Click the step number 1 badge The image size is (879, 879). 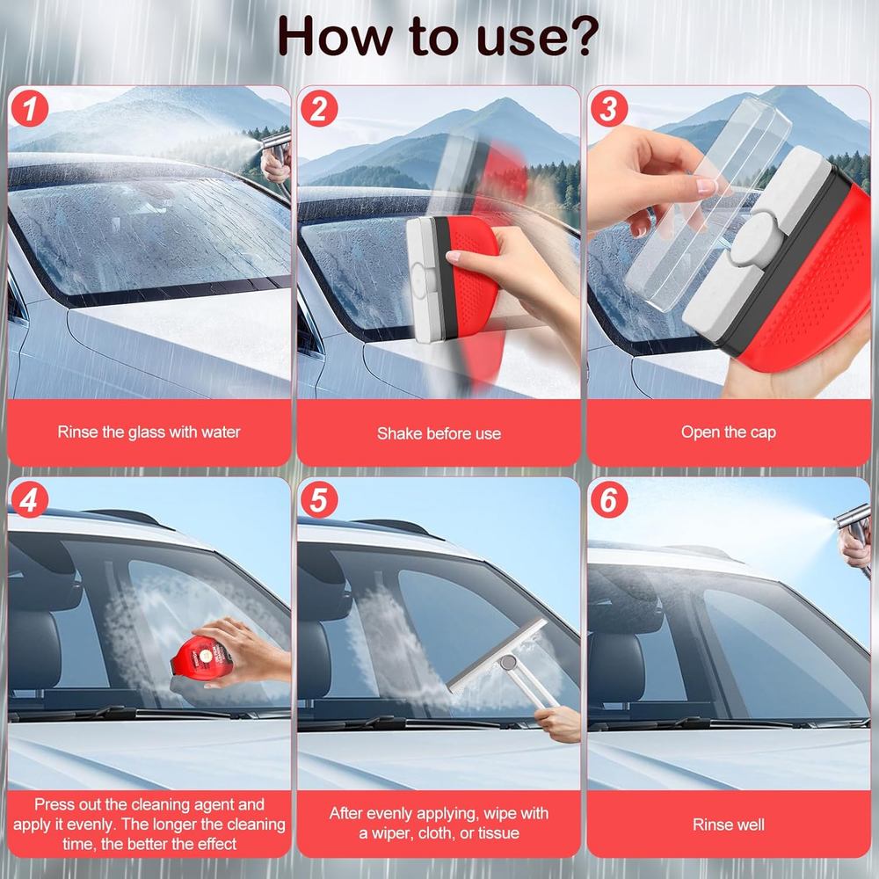point(29,108)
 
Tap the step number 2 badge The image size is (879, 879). point(319,108)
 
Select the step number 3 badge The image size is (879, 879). point(609,108)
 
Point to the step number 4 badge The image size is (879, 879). point(29,499)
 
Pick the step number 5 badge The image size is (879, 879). point(319,499)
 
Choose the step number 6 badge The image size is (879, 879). point(609,499)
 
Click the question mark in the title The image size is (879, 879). point(579,36)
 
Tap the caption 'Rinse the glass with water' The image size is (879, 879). point(149,432)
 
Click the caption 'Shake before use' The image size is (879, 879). point(439,433)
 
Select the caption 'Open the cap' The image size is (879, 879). point(728,432)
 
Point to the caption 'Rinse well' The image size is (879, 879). point(728,825)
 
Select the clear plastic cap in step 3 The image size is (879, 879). point(708,205)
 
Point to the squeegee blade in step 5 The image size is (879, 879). point(497,656)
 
